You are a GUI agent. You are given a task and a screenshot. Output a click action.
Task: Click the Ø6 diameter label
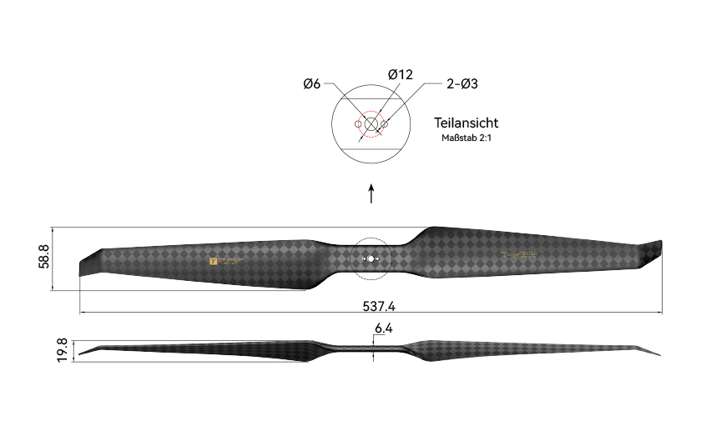(x=312, y=83)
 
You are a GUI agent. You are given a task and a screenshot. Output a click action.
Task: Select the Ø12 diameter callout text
(x=400, y=75)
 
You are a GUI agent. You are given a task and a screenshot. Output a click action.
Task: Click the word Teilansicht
(x=466, y=123)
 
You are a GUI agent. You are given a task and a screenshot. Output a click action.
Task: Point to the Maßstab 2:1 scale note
(x=466, y=138)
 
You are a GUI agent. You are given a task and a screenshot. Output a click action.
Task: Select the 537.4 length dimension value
(x=379, y=306)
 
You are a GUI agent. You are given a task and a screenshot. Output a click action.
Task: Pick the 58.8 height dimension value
(x=44, y=258)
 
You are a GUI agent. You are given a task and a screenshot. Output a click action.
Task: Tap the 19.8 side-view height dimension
(x=63, y=350)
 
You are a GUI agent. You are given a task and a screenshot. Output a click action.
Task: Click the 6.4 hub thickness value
(x=383, y=328)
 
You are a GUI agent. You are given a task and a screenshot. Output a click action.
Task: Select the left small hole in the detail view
(x=359, y=125)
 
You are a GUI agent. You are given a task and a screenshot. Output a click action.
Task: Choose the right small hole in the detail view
(x=384, y=125)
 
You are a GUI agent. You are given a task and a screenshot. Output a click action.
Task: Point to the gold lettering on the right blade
(x=519, y=255)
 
